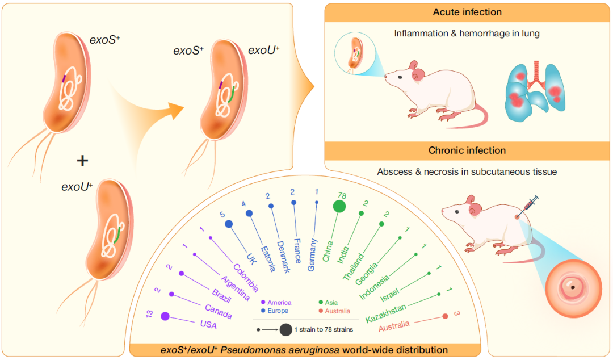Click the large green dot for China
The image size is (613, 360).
pos(339,207)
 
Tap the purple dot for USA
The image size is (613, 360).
pos(165,316)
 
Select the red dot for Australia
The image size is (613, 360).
pos(445,316)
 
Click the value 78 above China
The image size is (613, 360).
pos(342,195)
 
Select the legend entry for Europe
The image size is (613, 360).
pos(277,311)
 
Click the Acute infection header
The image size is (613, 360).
pos(467,12)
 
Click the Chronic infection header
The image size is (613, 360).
pos(467,150)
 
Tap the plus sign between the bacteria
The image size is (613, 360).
pos(82,161)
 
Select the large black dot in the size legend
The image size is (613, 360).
pos(285,329)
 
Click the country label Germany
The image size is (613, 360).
pos(312,254)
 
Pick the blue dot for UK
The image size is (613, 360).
pos(229,224)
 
